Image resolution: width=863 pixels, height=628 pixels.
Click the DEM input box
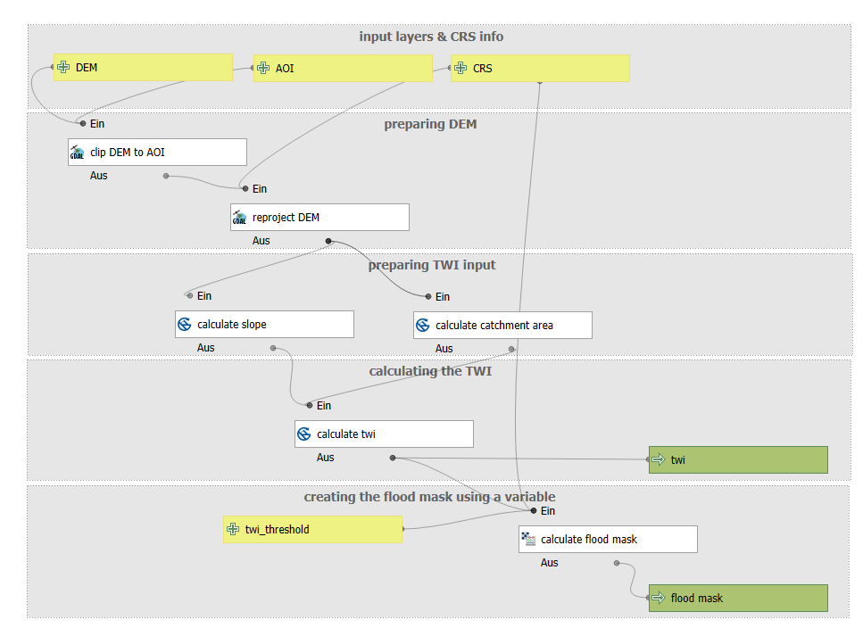pos(143,67)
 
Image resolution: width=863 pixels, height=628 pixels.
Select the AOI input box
pos(343,68)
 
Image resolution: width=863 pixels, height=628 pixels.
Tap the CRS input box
pos(540,68)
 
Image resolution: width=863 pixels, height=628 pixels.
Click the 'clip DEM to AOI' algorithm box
pos(157,153)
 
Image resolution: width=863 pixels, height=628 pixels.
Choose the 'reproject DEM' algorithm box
pos(319,218)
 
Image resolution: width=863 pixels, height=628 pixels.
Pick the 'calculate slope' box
pos(264,325)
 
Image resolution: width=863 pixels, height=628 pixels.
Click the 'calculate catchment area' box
pos(502,325)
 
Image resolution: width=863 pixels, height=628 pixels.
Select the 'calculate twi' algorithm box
pos(384,434)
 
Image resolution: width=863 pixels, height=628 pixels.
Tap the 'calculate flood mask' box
pos(608,540)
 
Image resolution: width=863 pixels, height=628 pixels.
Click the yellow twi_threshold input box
pos(312,530)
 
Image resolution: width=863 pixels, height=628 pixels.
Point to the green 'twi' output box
pos(738,459)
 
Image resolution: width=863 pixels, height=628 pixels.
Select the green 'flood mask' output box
pos(738,598)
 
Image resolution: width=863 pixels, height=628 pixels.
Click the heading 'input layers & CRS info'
pos(431,37)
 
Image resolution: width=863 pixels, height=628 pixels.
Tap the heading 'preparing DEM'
pos(430,124)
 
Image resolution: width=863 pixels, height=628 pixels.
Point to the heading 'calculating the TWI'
pos(430,371)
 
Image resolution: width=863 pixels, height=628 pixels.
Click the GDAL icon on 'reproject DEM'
pos(239,218)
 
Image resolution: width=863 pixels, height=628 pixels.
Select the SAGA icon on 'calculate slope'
pos(185,325)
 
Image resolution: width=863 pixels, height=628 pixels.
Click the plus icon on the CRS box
pos(461,68)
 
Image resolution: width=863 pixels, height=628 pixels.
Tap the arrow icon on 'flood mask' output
pos(659,598)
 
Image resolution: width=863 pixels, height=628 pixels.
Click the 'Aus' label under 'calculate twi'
pos(325,458)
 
